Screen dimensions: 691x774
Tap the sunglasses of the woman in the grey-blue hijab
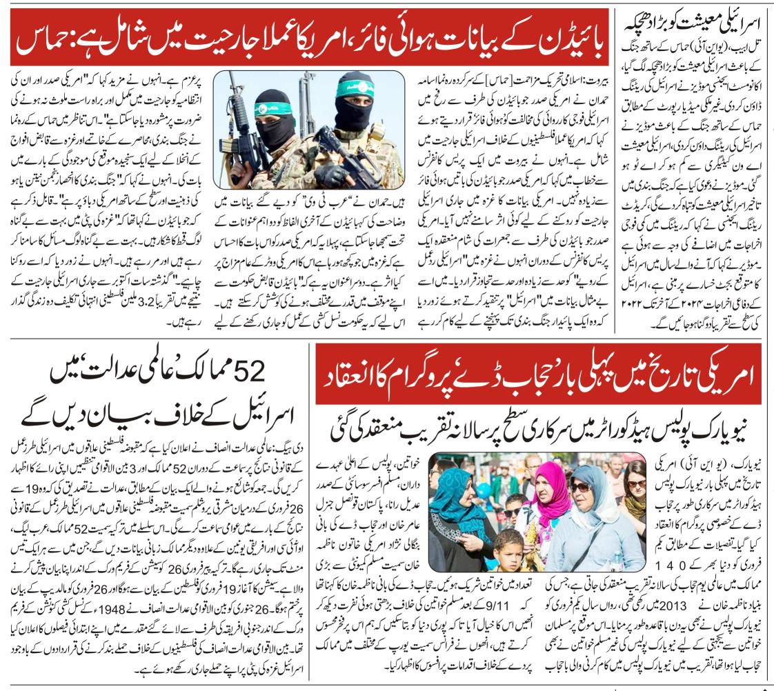click(580, 487)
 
